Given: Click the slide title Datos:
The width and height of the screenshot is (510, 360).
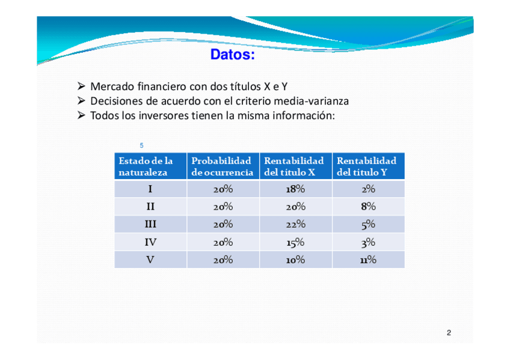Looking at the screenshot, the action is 232,54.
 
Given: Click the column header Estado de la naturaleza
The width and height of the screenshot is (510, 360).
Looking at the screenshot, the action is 146,166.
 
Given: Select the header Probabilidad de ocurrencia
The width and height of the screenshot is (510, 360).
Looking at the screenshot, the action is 222,166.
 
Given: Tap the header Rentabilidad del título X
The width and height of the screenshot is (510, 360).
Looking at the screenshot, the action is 293,166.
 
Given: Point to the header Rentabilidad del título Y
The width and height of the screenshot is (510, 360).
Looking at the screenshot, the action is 367,166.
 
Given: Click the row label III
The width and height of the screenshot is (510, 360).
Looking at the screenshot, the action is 150,224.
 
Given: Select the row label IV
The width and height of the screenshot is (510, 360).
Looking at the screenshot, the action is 150,242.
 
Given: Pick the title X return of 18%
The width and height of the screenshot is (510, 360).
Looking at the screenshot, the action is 295,189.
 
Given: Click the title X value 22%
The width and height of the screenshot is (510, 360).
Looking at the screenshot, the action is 295,224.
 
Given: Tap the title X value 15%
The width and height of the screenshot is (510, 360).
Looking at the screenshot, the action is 295,242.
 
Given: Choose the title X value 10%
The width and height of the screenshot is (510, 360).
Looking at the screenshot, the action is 295,260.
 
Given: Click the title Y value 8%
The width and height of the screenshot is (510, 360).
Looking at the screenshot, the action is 368,206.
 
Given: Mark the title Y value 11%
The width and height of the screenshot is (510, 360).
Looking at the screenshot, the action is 368,260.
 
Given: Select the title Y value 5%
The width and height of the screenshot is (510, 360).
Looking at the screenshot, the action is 368,225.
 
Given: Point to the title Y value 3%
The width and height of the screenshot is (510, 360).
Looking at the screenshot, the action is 368,242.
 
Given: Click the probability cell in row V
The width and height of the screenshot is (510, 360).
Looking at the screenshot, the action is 223,260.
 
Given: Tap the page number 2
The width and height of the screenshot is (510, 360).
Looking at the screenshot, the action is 449,333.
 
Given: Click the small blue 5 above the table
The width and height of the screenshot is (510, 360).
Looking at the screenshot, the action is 141,145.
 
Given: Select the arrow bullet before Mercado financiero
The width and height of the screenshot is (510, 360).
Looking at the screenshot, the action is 81,86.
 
